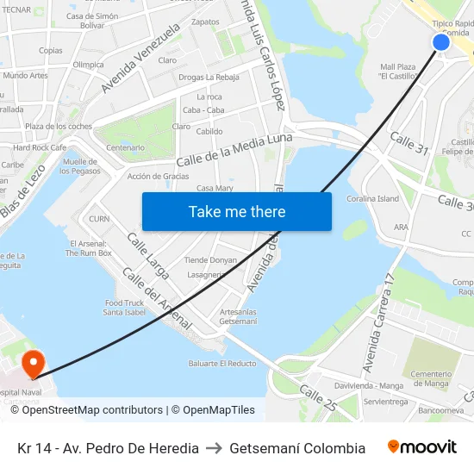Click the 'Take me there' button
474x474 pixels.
[237, 211]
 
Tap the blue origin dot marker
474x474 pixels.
[441, 42]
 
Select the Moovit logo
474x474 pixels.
[421, 447]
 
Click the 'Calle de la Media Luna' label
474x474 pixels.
[234, 150]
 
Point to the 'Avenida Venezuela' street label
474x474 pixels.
[140, 58]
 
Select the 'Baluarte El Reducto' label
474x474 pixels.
[222, 364]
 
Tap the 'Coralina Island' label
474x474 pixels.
[373, 199]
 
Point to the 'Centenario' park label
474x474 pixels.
[126, 147]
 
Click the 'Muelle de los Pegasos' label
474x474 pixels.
[79, 166]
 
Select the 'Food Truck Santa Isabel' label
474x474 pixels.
[125, 308]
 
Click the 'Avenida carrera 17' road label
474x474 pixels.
[378, 322]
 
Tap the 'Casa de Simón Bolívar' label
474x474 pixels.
[92, 21]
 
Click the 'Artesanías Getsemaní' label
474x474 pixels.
[238, 316]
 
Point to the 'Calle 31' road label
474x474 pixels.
[409, 143]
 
